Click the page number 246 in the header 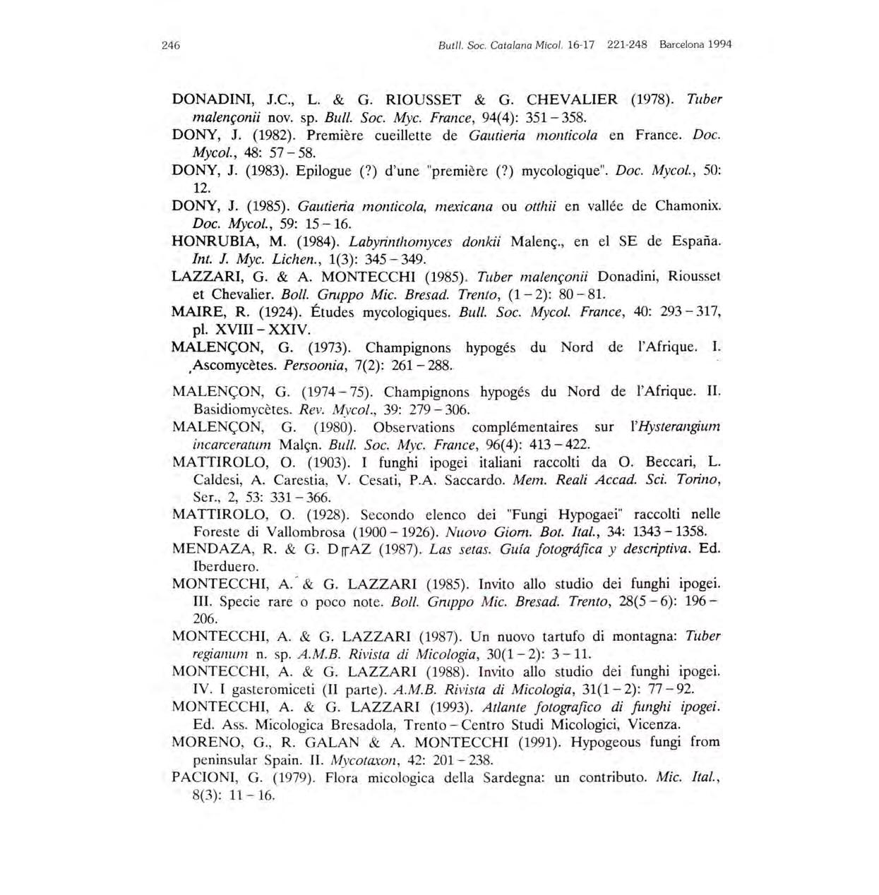(171, 45)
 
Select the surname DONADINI (208, 100)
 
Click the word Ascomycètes (236, 366)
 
